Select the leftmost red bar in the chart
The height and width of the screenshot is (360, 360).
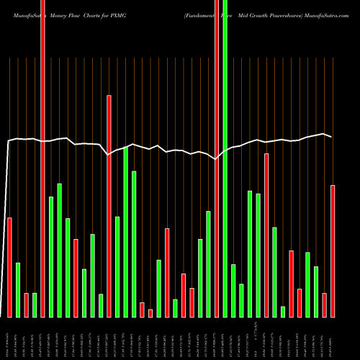click(x=9, y=266)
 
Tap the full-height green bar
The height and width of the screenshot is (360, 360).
click(x=225, y=158)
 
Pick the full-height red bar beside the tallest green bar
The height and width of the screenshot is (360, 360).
click(x=217, y=158)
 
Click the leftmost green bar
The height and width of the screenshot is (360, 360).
click(x=18, y=289)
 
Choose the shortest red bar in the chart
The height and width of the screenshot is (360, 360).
click(x=150, y=313)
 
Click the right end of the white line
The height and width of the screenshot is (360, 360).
click(x=331, y=136)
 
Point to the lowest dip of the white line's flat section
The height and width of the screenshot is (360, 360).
click(x=217, y=160)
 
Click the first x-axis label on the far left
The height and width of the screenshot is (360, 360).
click(x=9, y=336)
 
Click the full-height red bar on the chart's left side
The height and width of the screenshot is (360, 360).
click(x=42, y=158)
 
